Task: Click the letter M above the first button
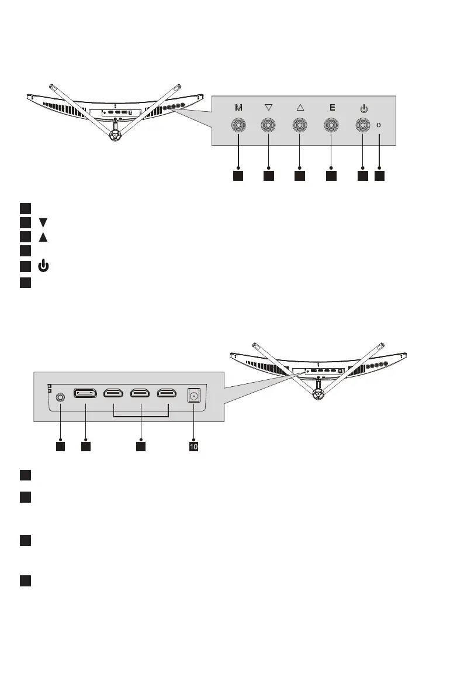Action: click(x=238, y=108)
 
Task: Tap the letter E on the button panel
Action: click(x=331, y=108)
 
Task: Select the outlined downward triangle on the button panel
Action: click(x=269, y=108)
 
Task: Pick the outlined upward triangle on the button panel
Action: click(x=300, y=108)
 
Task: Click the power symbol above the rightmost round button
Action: click(x=363, y=108)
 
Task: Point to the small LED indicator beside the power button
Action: click(x=380, y=125)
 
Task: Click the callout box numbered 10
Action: click(x=193, y=447)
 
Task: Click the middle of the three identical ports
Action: click(x=140, y=394)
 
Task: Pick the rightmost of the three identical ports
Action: click(x=168, y=394)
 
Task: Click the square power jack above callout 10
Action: click(x=192, y=396)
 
